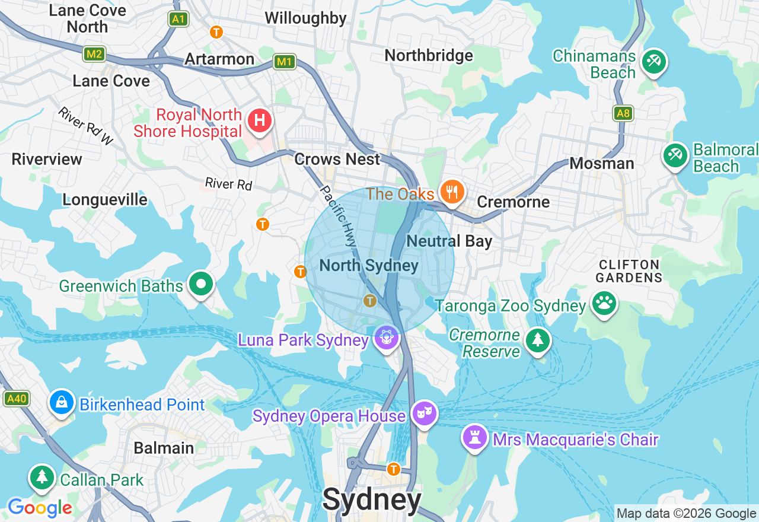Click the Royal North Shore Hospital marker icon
[259, 121]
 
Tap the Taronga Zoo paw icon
[604, 304]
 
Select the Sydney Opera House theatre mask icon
[424, 413]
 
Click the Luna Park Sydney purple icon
[387, 338]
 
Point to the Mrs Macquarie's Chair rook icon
[475, 437]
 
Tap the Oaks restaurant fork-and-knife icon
[452, 192]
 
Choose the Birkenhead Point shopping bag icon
[62, 402]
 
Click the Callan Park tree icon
[42, 477]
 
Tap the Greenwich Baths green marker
[201, 284]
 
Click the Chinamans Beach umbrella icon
[653, 61]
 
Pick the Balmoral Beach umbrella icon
[675, 155]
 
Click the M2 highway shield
[94, 55]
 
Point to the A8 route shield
[623, 113]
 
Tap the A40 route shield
[16, 399]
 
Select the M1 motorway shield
[285, 61]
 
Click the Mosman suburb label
[601, 163]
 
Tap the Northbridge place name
[429, 56]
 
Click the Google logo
[40, 508]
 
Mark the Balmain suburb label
[164, 448]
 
